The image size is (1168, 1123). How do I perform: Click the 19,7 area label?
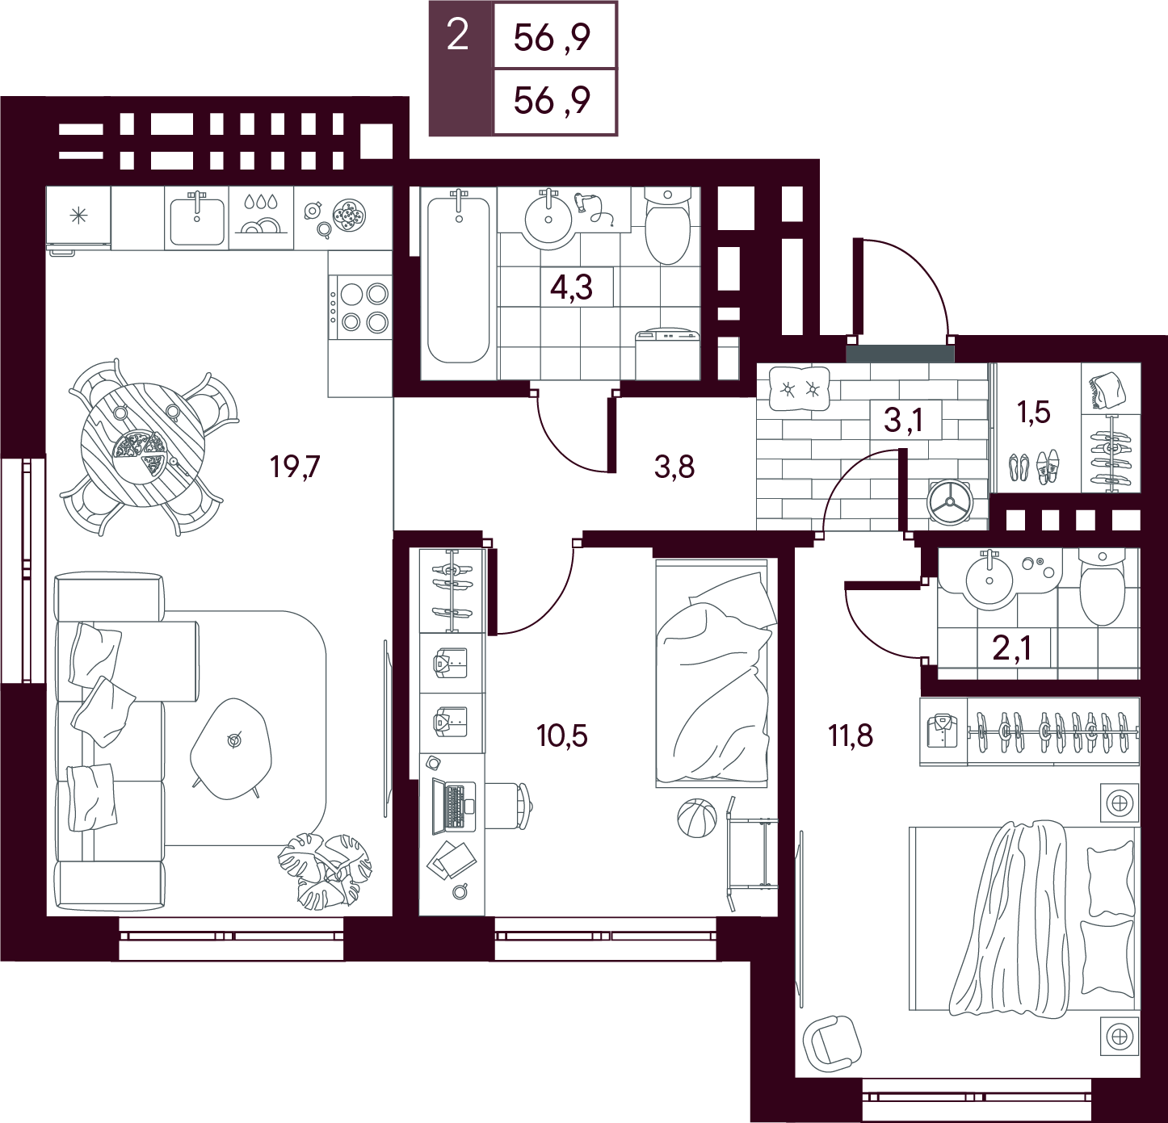click(x=296, y=466)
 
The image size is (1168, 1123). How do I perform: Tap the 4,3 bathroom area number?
click(x=571, y=287)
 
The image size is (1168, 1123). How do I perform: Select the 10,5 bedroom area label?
click(x=562, y=735)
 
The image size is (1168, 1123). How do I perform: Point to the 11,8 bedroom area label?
click(x=851, y=735)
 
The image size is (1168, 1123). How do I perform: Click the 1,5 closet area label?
click(x=1034, y=413)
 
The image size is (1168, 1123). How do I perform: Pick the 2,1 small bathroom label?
click(x=1012, y=647)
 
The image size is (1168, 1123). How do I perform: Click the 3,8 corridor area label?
click(x=674, y=466)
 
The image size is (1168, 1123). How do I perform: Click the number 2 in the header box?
click(x=457, y=36)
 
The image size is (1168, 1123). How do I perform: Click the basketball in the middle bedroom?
click(x=697, y=818)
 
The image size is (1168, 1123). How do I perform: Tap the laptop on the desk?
click(x=453, y=807)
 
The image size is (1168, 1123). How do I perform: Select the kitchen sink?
click(x=197, y=220)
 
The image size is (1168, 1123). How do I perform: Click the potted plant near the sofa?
click(x=325, y=868)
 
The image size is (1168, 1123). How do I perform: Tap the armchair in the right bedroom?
click(x=830, y=1041)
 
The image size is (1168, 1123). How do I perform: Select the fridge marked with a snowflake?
click(x=78, y=219)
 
